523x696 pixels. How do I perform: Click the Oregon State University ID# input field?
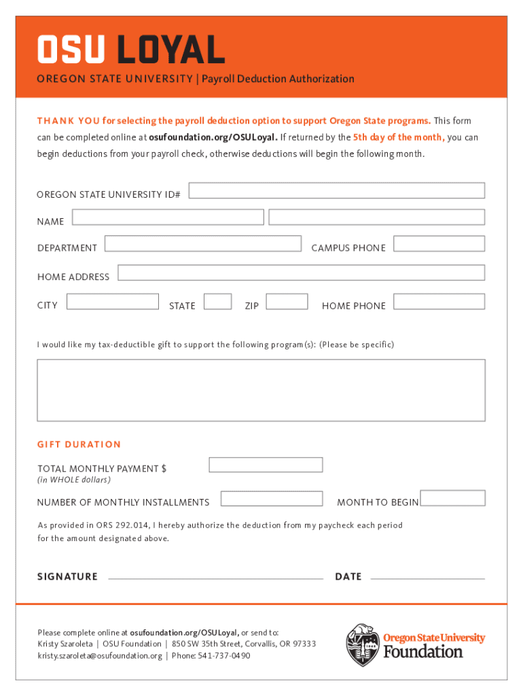336,190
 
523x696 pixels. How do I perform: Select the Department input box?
202,243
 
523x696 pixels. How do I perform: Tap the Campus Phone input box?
439,243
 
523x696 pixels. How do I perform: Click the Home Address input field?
301,273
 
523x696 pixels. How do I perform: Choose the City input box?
113,301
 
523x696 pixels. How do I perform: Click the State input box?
217,301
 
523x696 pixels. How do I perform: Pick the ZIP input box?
287,301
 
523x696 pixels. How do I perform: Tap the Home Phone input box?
439,301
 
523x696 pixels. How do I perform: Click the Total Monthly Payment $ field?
266,465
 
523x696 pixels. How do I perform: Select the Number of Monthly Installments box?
272,498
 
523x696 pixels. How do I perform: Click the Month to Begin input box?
452,498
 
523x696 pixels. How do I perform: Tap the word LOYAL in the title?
171,50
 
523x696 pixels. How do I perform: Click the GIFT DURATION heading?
79,445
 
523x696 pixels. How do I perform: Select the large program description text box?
261,390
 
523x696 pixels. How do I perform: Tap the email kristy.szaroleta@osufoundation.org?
100,656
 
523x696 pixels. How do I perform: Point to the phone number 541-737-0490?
223,656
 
